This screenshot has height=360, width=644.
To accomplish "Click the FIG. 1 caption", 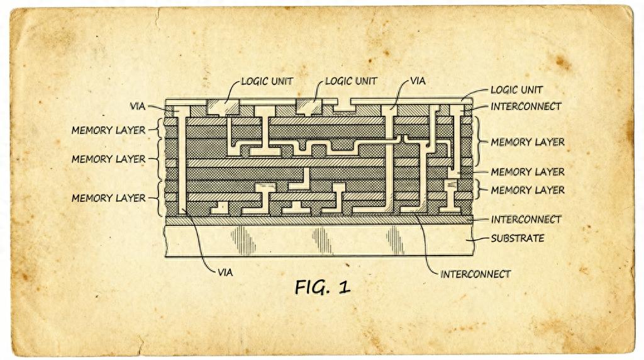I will point(322,287).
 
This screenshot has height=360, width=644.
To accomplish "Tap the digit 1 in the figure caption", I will point(343,287).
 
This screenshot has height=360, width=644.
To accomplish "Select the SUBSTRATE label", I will point(517,239).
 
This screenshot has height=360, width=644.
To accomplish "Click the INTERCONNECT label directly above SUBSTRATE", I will point(526,220).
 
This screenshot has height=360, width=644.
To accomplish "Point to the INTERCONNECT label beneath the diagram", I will point(475,274).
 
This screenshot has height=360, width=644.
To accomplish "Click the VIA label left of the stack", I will point(138,106).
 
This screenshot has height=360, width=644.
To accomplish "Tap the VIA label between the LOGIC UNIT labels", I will point(418,81).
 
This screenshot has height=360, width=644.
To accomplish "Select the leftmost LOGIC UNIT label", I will point(267,82).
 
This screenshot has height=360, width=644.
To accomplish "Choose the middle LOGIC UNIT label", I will point(351,82).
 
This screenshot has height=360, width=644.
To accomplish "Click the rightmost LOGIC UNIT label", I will point(516,90).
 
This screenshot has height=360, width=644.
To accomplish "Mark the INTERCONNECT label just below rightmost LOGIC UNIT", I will point(526,106).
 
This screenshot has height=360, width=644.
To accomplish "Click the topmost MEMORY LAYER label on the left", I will point(108,131).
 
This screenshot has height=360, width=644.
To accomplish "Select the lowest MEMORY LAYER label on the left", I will point(108,198).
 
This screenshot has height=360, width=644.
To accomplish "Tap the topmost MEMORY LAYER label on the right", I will point(527,142).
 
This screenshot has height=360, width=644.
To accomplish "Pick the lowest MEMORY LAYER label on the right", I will point(527,190).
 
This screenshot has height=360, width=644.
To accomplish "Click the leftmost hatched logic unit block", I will point(225,107).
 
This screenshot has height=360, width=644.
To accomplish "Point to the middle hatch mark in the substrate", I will point(321,240).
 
